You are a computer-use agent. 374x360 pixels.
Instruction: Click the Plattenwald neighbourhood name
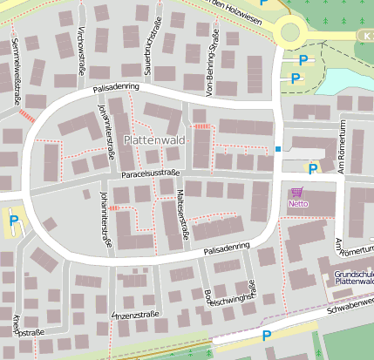[x=157, y=139]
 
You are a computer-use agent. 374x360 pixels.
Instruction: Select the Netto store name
[x=298, y=203]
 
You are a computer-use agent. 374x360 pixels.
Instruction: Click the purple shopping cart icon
[x=297, y=192]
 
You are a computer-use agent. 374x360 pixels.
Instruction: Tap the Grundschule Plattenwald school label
[x=354, y=279]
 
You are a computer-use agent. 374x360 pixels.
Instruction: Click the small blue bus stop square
[x=278, y=149]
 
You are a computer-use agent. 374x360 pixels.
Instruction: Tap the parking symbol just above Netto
[x=312, y=169]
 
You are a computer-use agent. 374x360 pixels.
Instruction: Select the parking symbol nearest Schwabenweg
[x=266, y=335]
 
